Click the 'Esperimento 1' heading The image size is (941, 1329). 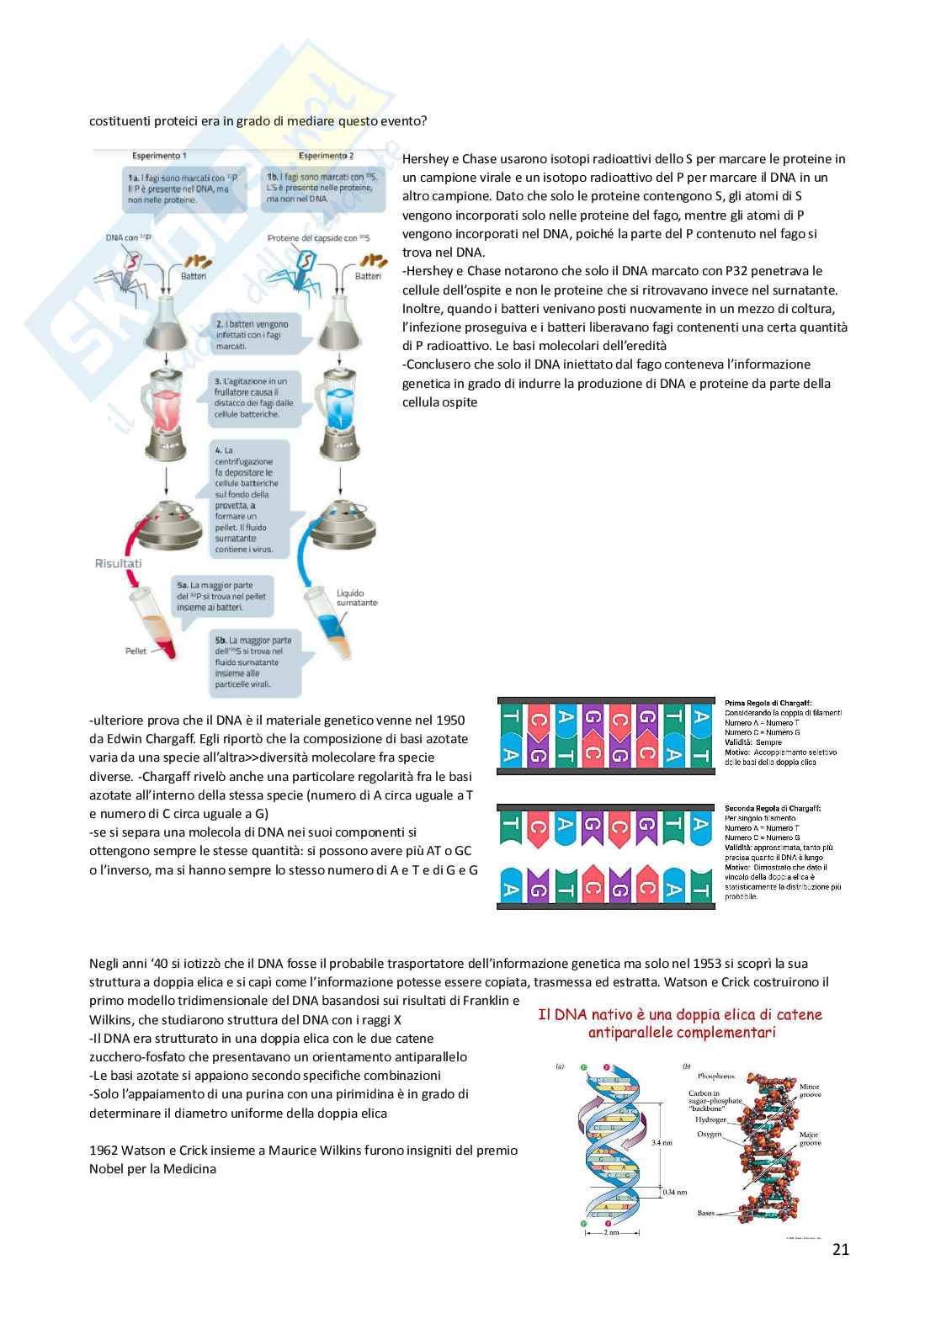[x=159, y=156]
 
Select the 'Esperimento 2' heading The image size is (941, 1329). [x=326, y=156]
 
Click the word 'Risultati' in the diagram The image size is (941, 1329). [x=118, y=563]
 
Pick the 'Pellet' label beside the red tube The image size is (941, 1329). [x=136, y=651]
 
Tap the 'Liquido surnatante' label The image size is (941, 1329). [x=357, y=598]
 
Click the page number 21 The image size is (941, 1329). [x=840, y=1249]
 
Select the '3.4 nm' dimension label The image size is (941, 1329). [x=662, y=1142]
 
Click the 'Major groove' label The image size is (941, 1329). [x=809, y=1139]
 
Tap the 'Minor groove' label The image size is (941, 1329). [x=809, y=1090]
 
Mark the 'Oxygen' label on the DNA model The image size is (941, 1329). [x=709, y=1135]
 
